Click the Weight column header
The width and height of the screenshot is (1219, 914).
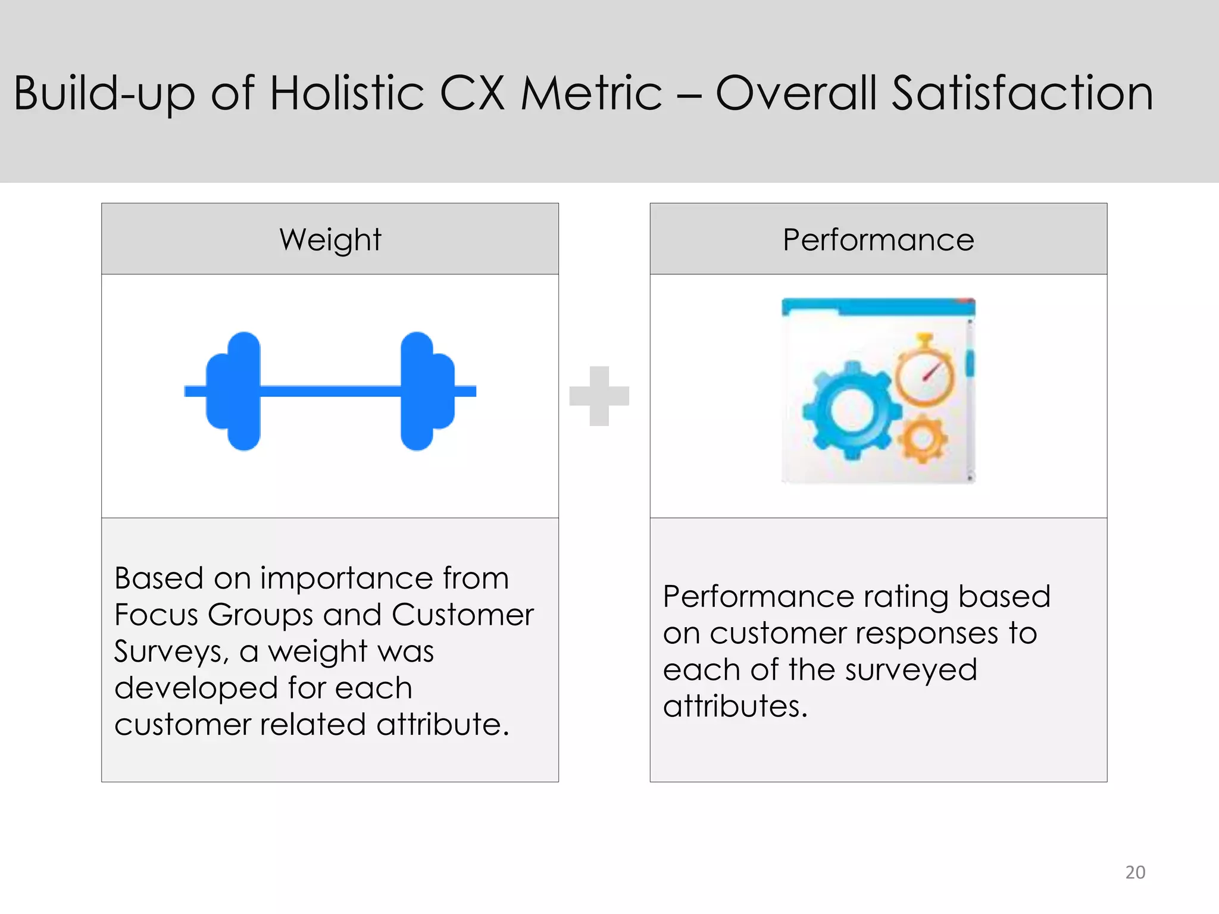(x=330, y=239)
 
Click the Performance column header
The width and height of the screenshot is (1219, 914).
(x=878, y=239)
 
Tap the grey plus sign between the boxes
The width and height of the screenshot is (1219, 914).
(x=599, y=396)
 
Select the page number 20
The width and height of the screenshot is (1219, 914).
(x=1134, y=872)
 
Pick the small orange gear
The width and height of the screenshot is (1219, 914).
(x=923, y=439)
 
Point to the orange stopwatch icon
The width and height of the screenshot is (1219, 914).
(x=924, y=374)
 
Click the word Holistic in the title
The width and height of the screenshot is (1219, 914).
(x=347, y=93)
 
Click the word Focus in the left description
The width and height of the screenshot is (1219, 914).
(x=155, y=615)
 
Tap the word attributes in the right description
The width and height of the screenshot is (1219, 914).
(x=734, y=706)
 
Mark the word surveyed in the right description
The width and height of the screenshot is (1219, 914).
(x=911, y=670)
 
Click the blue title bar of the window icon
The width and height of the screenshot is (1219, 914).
(x=877, y=307)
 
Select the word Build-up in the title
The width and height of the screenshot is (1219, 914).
(x=104, y=93)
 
